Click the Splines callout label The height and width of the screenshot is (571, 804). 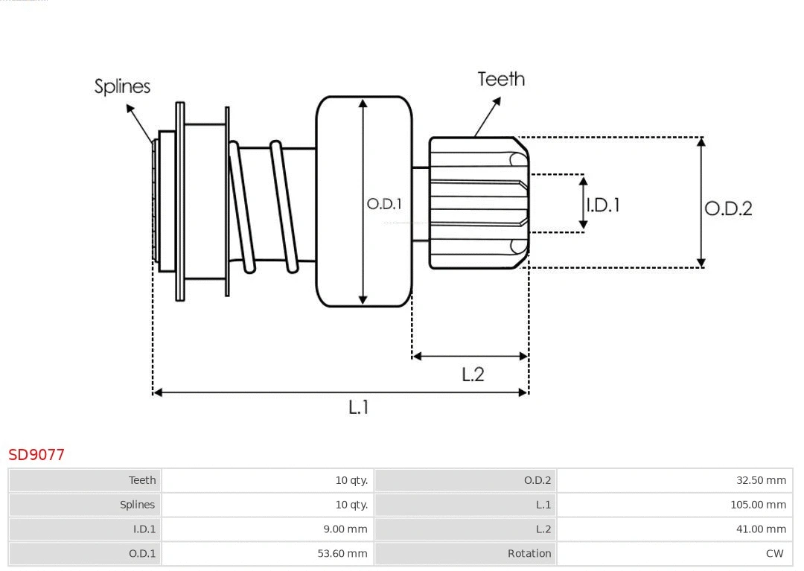click(x=122, y=86)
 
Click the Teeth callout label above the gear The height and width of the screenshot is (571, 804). click(x=501, y=79)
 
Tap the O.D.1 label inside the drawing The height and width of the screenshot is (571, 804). click(x=384, y=204)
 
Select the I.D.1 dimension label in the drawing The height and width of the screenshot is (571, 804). click(x=603, y=205)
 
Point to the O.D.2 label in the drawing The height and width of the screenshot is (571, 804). click(x=728, y=208)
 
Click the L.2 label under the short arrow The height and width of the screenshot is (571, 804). click(x=473, y=374)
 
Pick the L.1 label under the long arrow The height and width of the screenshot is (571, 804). click(x=359, y=407)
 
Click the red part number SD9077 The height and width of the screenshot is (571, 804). click(x=36, y=454)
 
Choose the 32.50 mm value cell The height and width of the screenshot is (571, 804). click(x=761, y=480)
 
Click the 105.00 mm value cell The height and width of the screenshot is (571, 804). click(x=758, y=505)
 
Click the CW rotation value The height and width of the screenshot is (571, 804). click(x=774, y=553)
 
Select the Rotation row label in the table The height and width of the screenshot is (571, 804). click(x=529, y=553)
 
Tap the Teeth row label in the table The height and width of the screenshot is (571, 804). click(x=142, y=480)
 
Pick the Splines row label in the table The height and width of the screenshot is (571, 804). click(x=137, y=505)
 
